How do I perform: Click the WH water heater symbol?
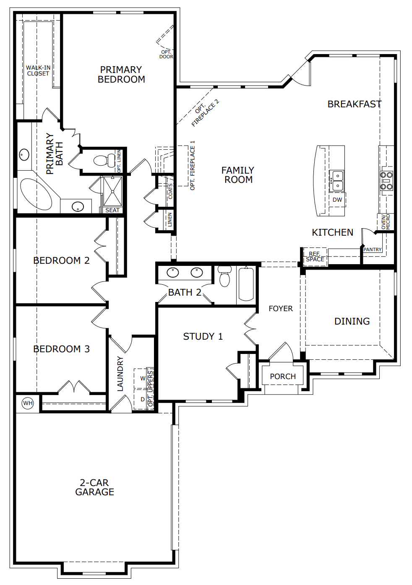[x=28, y=403]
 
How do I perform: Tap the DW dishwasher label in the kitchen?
[x=337, y=200]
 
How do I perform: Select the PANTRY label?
[x=372, y=250]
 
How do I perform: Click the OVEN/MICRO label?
[x=385, y=222]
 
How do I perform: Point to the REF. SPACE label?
[x=315, y=257]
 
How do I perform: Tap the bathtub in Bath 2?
[x=246, y=284]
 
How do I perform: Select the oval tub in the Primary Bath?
[x=36, y=194]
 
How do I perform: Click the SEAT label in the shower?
[x=112, y=210]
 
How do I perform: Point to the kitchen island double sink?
[x=337, y=180]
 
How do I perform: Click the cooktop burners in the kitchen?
[x=386, y=181]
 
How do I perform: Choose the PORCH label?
[x=283, y=377]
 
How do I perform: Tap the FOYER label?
[x=281, y=309]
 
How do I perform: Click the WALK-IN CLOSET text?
[x=38, y=70]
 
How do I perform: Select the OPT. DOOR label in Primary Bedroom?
[x=166, y=55]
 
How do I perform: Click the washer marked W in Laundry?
[x=143, y=378]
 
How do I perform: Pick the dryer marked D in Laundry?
[x=143, y=399]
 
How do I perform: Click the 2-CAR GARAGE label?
[x=94, y=487]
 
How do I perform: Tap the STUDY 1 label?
[x=203, y=336]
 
